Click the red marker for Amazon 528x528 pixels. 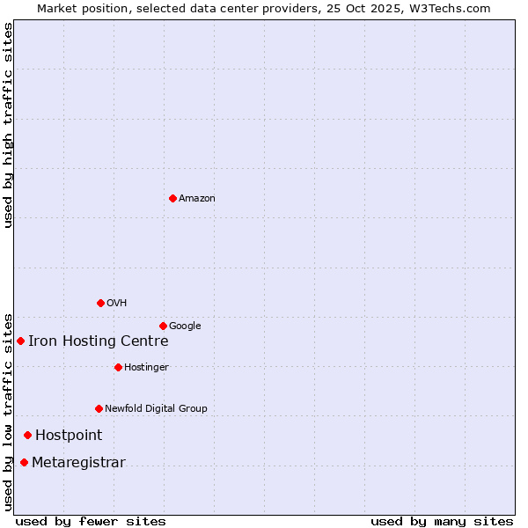click(x=172, y=198)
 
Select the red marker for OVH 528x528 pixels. click(x=100, y=303)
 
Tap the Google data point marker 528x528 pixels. click(x=163, y=326)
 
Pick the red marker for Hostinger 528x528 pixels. click(x=118, y=367)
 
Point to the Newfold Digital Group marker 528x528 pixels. click(x=99, y=408)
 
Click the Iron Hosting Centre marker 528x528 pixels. click(x=20, y=341)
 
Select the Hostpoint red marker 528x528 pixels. click(x=27, y=435)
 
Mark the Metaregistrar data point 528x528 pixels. click(x=24, y=463)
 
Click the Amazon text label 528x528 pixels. click(x=197, y=199)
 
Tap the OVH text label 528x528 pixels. click(x=117, y=304)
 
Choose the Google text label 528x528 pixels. click(x=185, y=326)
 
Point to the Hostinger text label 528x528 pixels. click(x=146, y=368)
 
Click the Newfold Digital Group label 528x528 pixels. click(x=156, y=409)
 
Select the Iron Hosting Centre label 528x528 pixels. click(x=98, y=341)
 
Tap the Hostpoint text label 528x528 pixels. click(x=69, y=436)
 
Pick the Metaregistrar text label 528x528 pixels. click(x=78, y=463)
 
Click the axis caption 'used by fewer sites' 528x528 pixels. click(x=91, y=521)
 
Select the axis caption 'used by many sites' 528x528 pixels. click(x=442, y=521)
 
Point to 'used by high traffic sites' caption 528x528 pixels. click(x=9, y=125)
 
